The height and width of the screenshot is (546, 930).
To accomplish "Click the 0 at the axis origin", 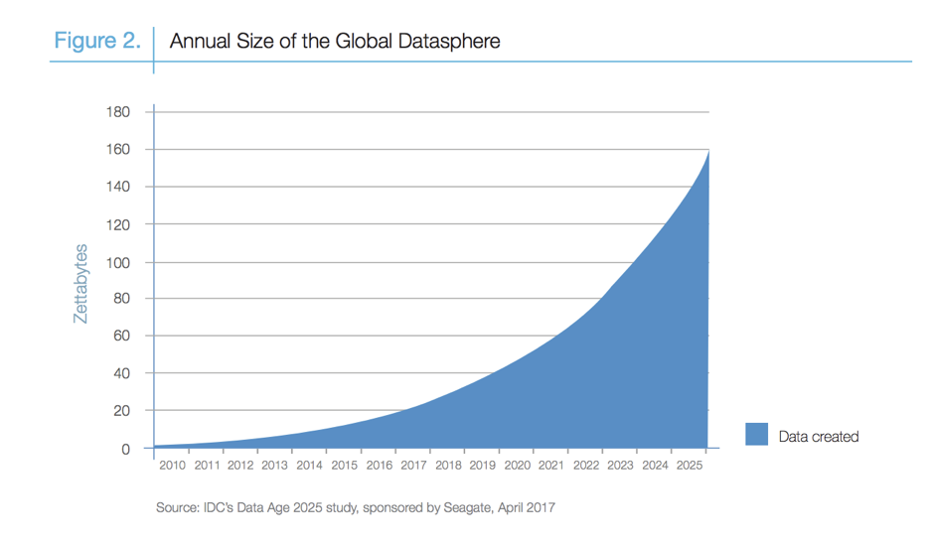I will coord(126,449).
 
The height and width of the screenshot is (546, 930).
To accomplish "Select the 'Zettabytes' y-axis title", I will coord(81,283).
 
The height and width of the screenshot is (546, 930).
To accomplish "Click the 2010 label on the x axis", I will coord(172,465).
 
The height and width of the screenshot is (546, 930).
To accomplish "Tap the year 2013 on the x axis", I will coord(275,465).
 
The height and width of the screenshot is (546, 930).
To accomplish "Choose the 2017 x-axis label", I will coord(413,465).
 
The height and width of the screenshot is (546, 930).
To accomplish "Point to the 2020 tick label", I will coord(517,465).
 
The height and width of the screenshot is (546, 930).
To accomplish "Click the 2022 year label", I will coord(586,465).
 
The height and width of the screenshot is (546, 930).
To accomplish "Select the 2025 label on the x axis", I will coord(690,465).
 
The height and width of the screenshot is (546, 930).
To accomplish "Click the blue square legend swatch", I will coord(756,435).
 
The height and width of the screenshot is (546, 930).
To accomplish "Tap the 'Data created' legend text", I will coord(818,436).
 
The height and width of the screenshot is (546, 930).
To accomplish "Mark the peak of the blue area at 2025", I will coord(706,151).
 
